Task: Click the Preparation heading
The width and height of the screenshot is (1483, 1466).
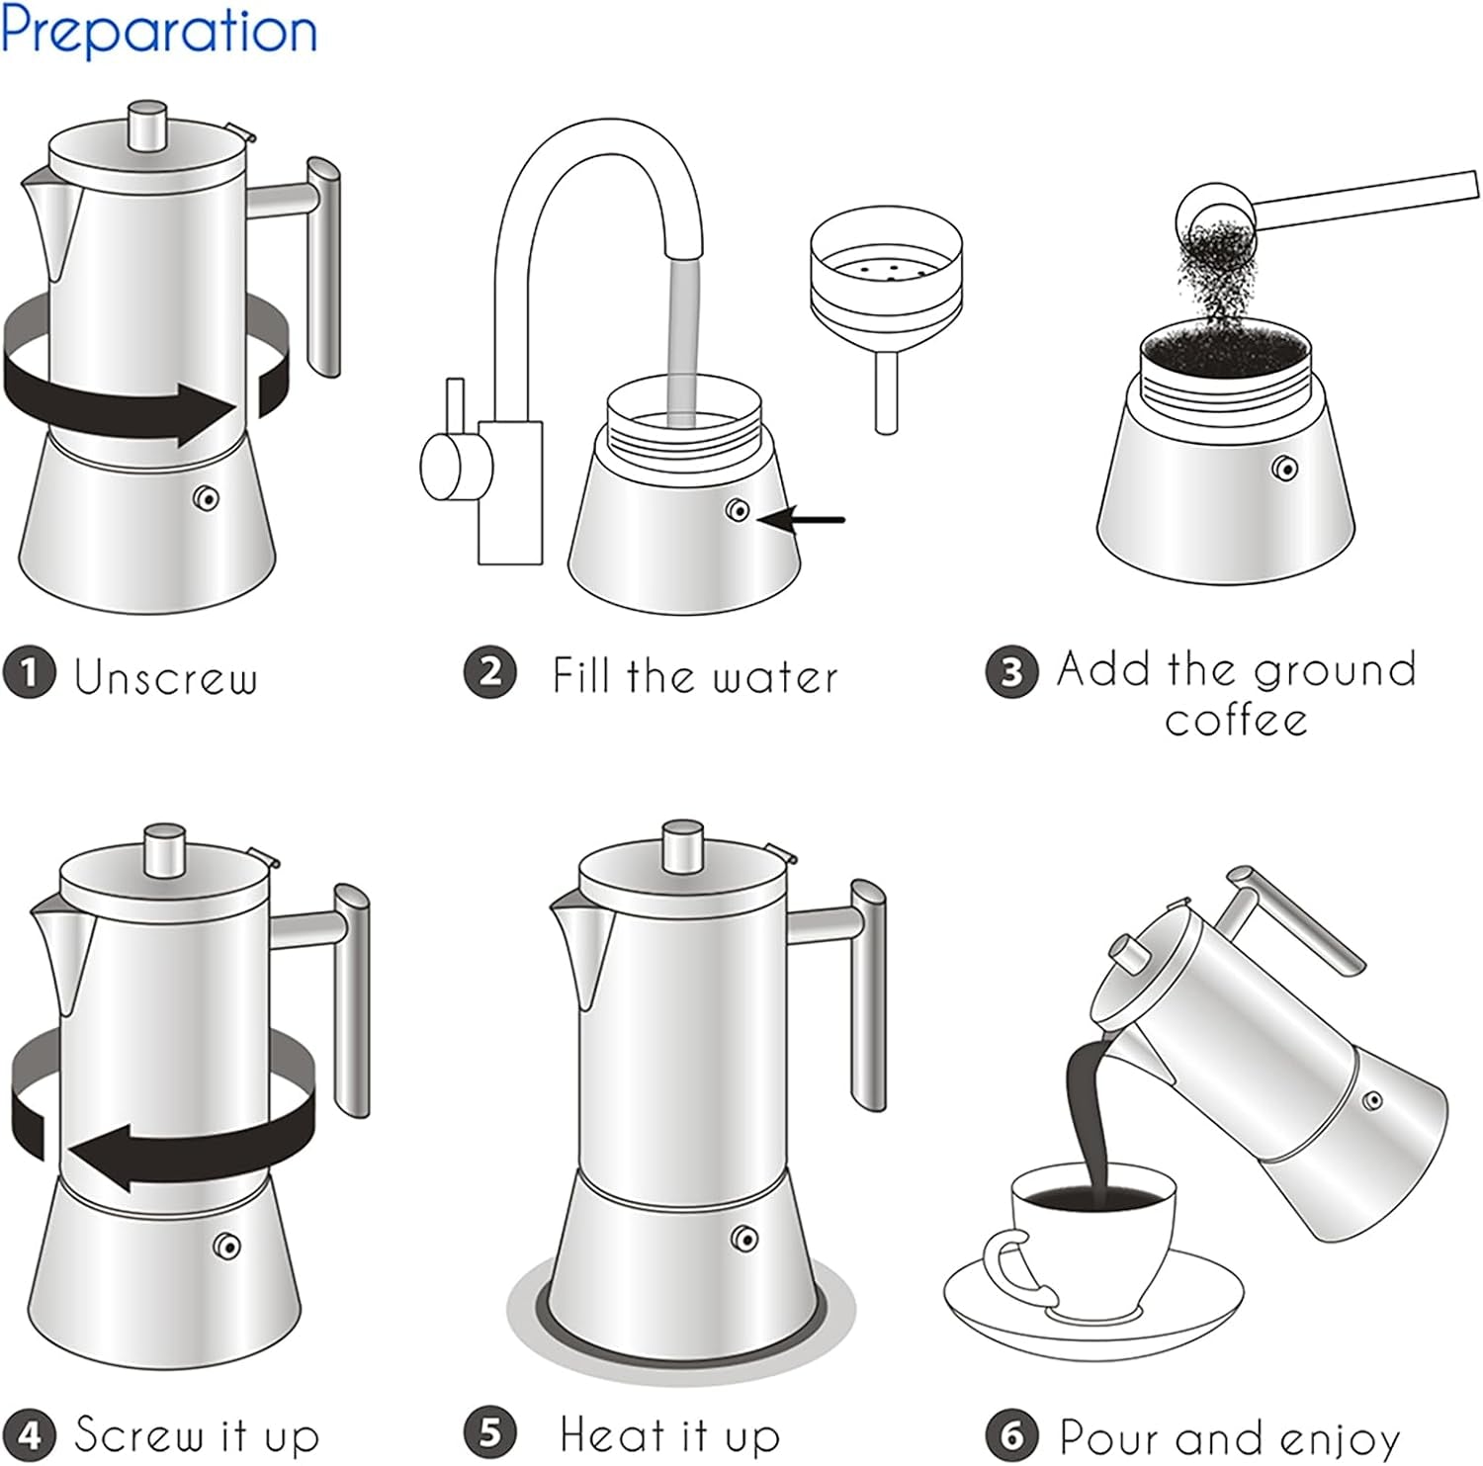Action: [x=158, y=32]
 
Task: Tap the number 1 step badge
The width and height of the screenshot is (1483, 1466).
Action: [x=29, y=673]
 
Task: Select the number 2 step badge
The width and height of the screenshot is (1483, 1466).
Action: [x=490, y=672]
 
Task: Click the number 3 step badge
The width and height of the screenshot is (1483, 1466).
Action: [x=1011, y=672]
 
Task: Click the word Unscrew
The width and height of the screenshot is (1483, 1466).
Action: [x=166, y=677]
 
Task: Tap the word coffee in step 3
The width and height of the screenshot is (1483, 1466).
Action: [x=1236, y=720]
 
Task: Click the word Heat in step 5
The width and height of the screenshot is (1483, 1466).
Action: [x=613, y=1433]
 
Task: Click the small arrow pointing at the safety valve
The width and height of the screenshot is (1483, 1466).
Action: [x=813, y=519]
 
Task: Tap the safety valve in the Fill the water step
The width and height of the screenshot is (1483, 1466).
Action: [x=738, y=510]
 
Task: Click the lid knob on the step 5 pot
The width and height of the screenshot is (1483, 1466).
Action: [x=682, y=845]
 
